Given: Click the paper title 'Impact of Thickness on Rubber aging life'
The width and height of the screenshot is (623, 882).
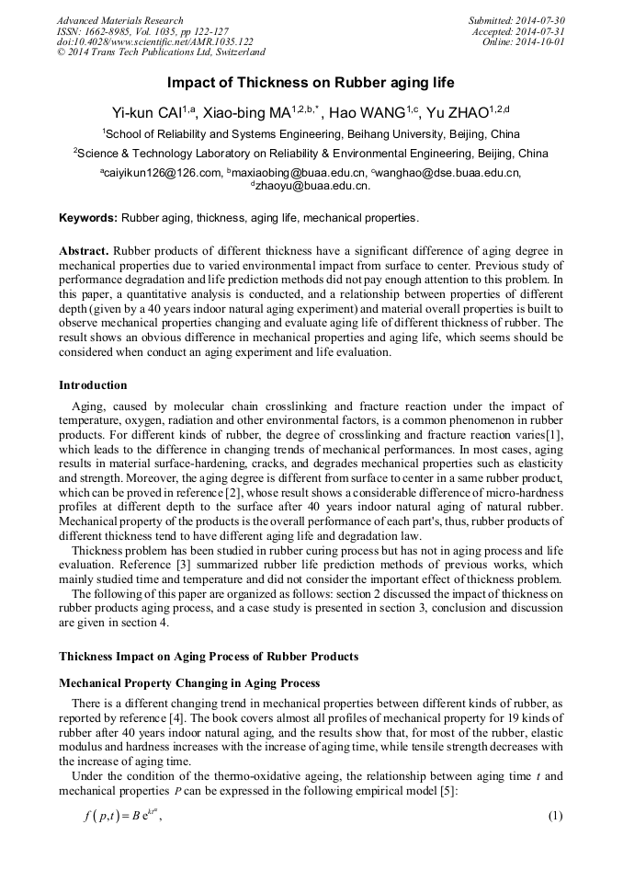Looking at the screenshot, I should [x=311, y=83].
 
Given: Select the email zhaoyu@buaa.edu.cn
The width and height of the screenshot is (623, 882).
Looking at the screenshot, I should [x=313, y=185].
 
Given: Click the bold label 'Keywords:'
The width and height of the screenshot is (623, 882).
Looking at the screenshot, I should [x=88, y=218].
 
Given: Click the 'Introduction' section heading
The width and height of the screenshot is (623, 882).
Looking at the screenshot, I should [x=93, y=384].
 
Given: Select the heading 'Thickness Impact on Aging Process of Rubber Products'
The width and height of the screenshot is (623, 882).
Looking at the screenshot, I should [x=209, y=656].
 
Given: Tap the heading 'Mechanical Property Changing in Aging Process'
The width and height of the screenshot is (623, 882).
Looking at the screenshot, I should [x=189, y=683].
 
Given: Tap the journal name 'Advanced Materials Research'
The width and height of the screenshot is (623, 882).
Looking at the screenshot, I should [x=119, y=20].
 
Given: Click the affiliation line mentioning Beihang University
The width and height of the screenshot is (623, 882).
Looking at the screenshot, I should [x=311, y=133].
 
